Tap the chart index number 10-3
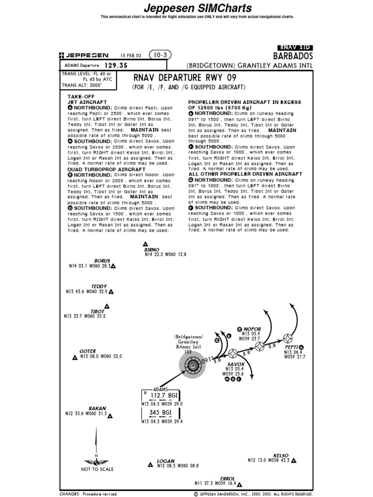[x=160, y=55]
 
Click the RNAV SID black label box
[x=295, y=48]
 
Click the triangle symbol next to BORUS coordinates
[x=113, y=266]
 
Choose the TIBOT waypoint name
[x=97, y=311]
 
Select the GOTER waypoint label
[x=87, y=351]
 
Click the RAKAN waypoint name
[x=97, y=409]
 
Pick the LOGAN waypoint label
[x=165, y=461]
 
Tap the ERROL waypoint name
[x=227, y=479]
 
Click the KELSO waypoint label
[x=281, y=455]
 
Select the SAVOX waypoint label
[x=236, y=364]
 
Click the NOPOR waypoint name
[x=252, y=329]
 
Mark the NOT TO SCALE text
[x=97, y=469]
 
